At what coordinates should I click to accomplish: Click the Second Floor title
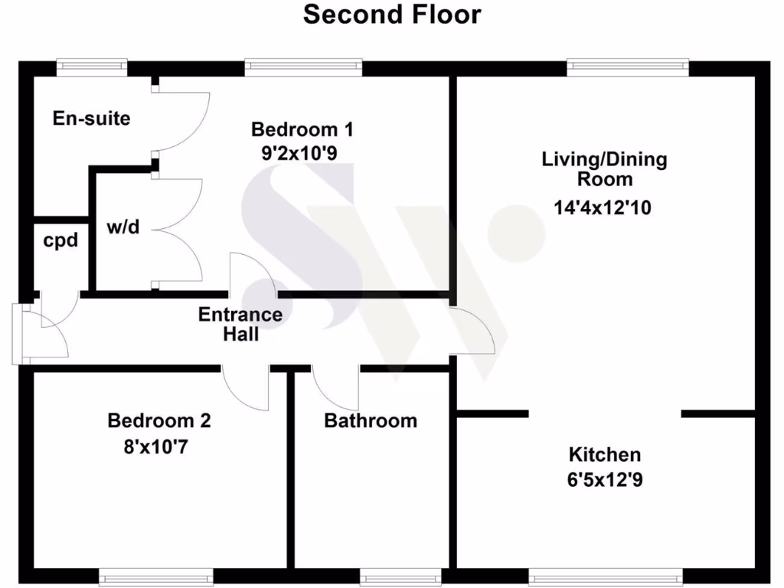[x=392, y=15]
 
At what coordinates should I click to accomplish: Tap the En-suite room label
[x=91, y=119]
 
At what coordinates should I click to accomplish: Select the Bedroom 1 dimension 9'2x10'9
[x=299, y=152]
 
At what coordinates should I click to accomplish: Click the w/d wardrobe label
[x=123, y=227]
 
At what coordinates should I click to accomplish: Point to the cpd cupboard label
[x=60, y=240]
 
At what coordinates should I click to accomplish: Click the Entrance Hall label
[x=240, y=324]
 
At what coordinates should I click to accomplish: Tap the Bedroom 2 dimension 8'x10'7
[x=156, y=446]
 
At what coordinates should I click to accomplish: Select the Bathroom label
[x=371, y=420]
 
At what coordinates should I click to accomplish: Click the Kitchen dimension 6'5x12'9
[x=605, y=480]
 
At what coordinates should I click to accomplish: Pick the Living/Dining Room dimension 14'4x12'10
[x=604, y=207]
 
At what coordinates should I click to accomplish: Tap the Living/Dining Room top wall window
[x=628, y=67]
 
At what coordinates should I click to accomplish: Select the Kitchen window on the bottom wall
[x=605, y=576]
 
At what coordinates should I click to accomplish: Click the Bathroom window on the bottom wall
[x=400, y=576]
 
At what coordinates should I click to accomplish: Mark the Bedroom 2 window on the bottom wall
[x=155, y=576]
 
